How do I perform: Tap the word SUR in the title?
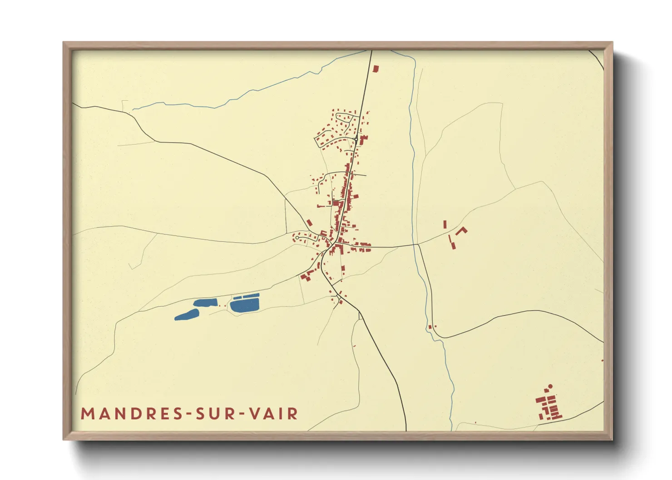click(213, 414)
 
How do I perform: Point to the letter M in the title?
click(87, 414)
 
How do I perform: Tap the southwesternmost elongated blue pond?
click(187, 315)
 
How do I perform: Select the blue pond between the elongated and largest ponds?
click(205, 303)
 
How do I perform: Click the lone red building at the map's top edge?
click(376, 69)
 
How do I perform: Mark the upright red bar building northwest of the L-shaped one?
click(445, 224)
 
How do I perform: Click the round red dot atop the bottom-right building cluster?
click(550, 387)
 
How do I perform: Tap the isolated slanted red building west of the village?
click(309, 223)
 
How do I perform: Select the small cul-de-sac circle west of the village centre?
click(297, 238)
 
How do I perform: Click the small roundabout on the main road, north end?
click(356, 138)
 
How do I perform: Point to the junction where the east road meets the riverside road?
click(417, 245)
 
